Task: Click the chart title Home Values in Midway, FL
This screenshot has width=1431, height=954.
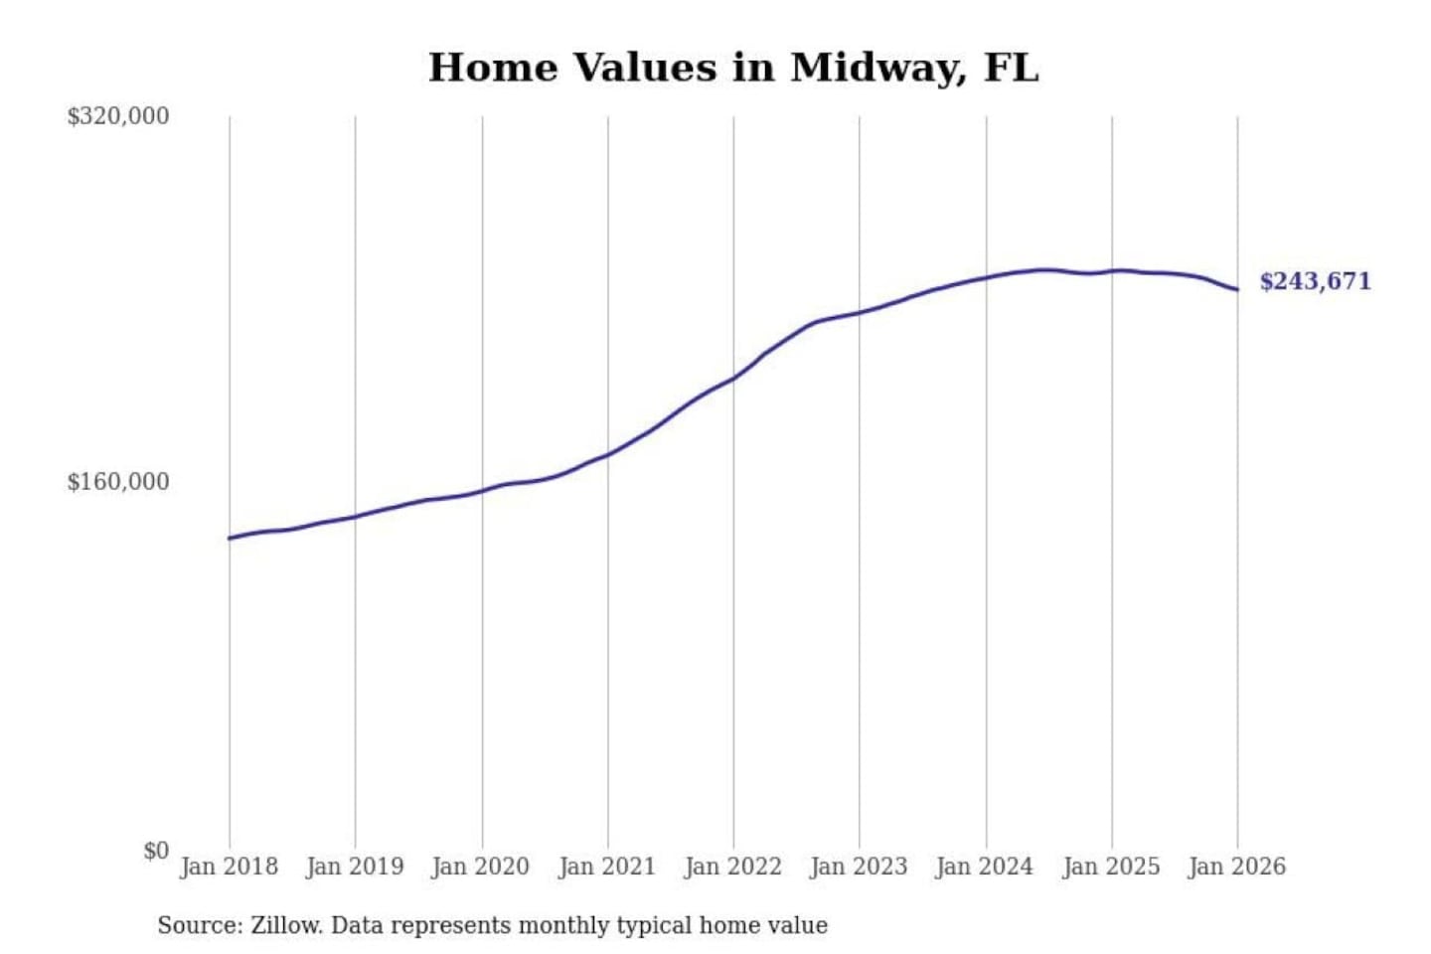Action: pyautogui.click(x=733, y=68)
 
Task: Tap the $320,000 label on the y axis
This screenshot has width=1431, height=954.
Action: pyautogui.click(x=117, y=116)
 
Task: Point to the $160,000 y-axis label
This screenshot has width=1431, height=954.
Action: pyautogui.click(x=117, y=482)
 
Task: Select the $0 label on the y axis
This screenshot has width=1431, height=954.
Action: pyautogui.click(x=156, y=851)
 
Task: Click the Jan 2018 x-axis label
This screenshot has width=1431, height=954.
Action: pyautogui.click(x=229, y=867)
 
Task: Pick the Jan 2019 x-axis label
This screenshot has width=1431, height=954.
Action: pyautogui.click(x=355, y=867)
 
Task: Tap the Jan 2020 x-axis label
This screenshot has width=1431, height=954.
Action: pyautogui.click(x=480, y=867)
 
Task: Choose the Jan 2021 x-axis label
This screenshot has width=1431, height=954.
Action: pyautogui.click(x=607, y=867)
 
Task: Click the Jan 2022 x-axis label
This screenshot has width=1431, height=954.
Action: pyautogui.click(x=732, y=867)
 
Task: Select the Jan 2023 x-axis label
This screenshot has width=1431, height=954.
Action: pyautogui.click(x=859, y=867)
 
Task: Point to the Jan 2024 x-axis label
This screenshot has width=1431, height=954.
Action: pyautogui.click(x=985, y=867)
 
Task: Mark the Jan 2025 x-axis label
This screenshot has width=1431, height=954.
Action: pyautogui.click(x=1111, y=867)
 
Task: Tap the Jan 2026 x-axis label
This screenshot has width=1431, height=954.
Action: pyautogui.click(x=1236, y=867)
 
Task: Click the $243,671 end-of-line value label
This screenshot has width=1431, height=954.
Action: pyautogui.click(x=1315, y=281)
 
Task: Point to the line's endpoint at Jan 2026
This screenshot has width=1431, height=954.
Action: pyautogui.click(x=1237, y=290)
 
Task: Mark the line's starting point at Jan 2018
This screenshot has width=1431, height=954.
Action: pyautogui.click(x=230, y=538)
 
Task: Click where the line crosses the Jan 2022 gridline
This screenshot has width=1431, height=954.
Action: pyautogui.click(x=733, y=378)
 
